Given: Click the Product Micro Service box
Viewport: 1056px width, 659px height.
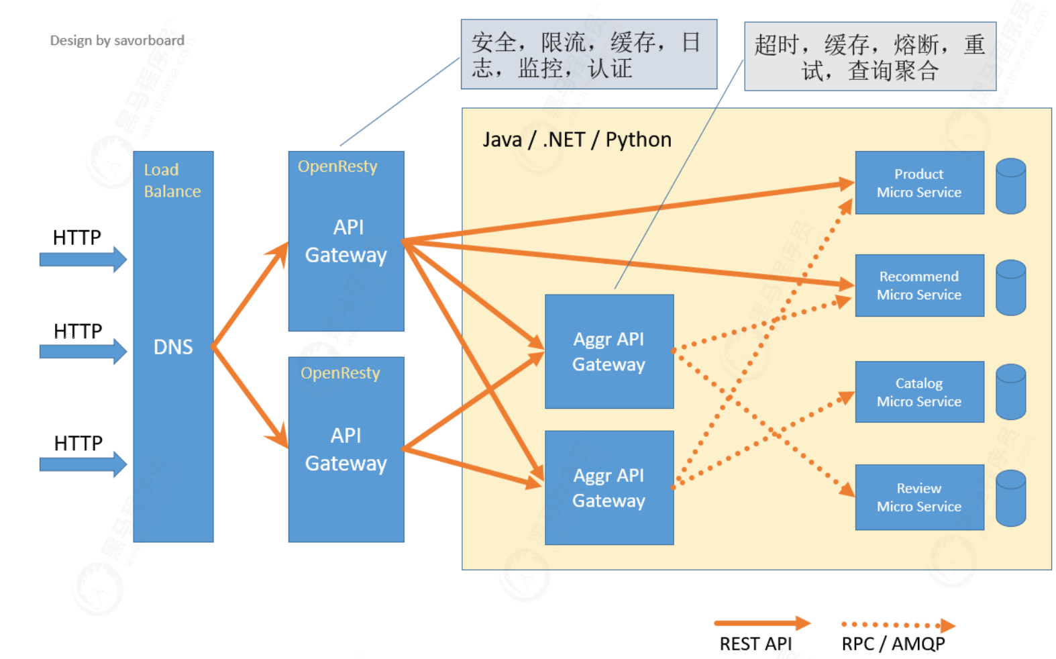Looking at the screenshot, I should point(918,183).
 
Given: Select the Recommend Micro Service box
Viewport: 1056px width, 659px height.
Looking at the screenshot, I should point(918,285).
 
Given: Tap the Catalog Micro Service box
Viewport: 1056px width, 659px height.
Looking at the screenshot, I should point(918,392).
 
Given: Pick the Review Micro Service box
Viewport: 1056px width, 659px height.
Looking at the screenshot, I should point(918,497).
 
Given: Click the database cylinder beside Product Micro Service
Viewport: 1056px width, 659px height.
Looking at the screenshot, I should point(1010,186).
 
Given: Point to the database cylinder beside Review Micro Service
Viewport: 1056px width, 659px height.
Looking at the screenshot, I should point(1010,498).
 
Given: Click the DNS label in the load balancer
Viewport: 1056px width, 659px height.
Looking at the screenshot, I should point(173,347).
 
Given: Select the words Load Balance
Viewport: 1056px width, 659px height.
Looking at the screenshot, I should point(172,181).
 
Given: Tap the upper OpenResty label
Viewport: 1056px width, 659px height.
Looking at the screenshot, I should point(337,166).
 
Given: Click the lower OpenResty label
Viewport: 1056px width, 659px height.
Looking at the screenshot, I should point(340,373).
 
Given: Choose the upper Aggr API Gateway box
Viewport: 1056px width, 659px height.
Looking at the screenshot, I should point(609,352).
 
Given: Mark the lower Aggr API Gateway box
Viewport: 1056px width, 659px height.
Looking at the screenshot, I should point(609,488).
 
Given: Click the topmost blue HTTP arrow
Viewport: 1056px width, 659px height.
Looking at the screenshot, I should point(83,259).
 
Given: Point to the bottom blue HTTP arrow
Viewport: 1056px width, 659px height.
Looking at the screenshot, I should point(83,464).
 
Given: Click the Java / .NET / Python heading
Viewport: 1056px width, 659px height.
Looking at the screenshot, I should point(576,140).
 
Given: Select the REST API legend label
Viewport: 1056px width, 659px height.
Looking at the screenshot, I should point(755,644).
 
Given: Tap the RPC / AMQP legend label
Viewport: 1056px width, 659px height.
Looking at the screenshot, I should point(893,644).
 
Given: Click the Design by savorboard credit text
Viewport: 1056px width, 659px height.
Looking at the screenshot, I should point(117,40).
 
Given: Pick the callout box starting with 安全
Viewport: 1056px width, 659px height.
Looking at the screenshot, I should point(588,54).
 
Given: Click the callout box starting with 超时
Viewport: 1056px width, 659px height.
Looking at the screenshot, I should point(869,57).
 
